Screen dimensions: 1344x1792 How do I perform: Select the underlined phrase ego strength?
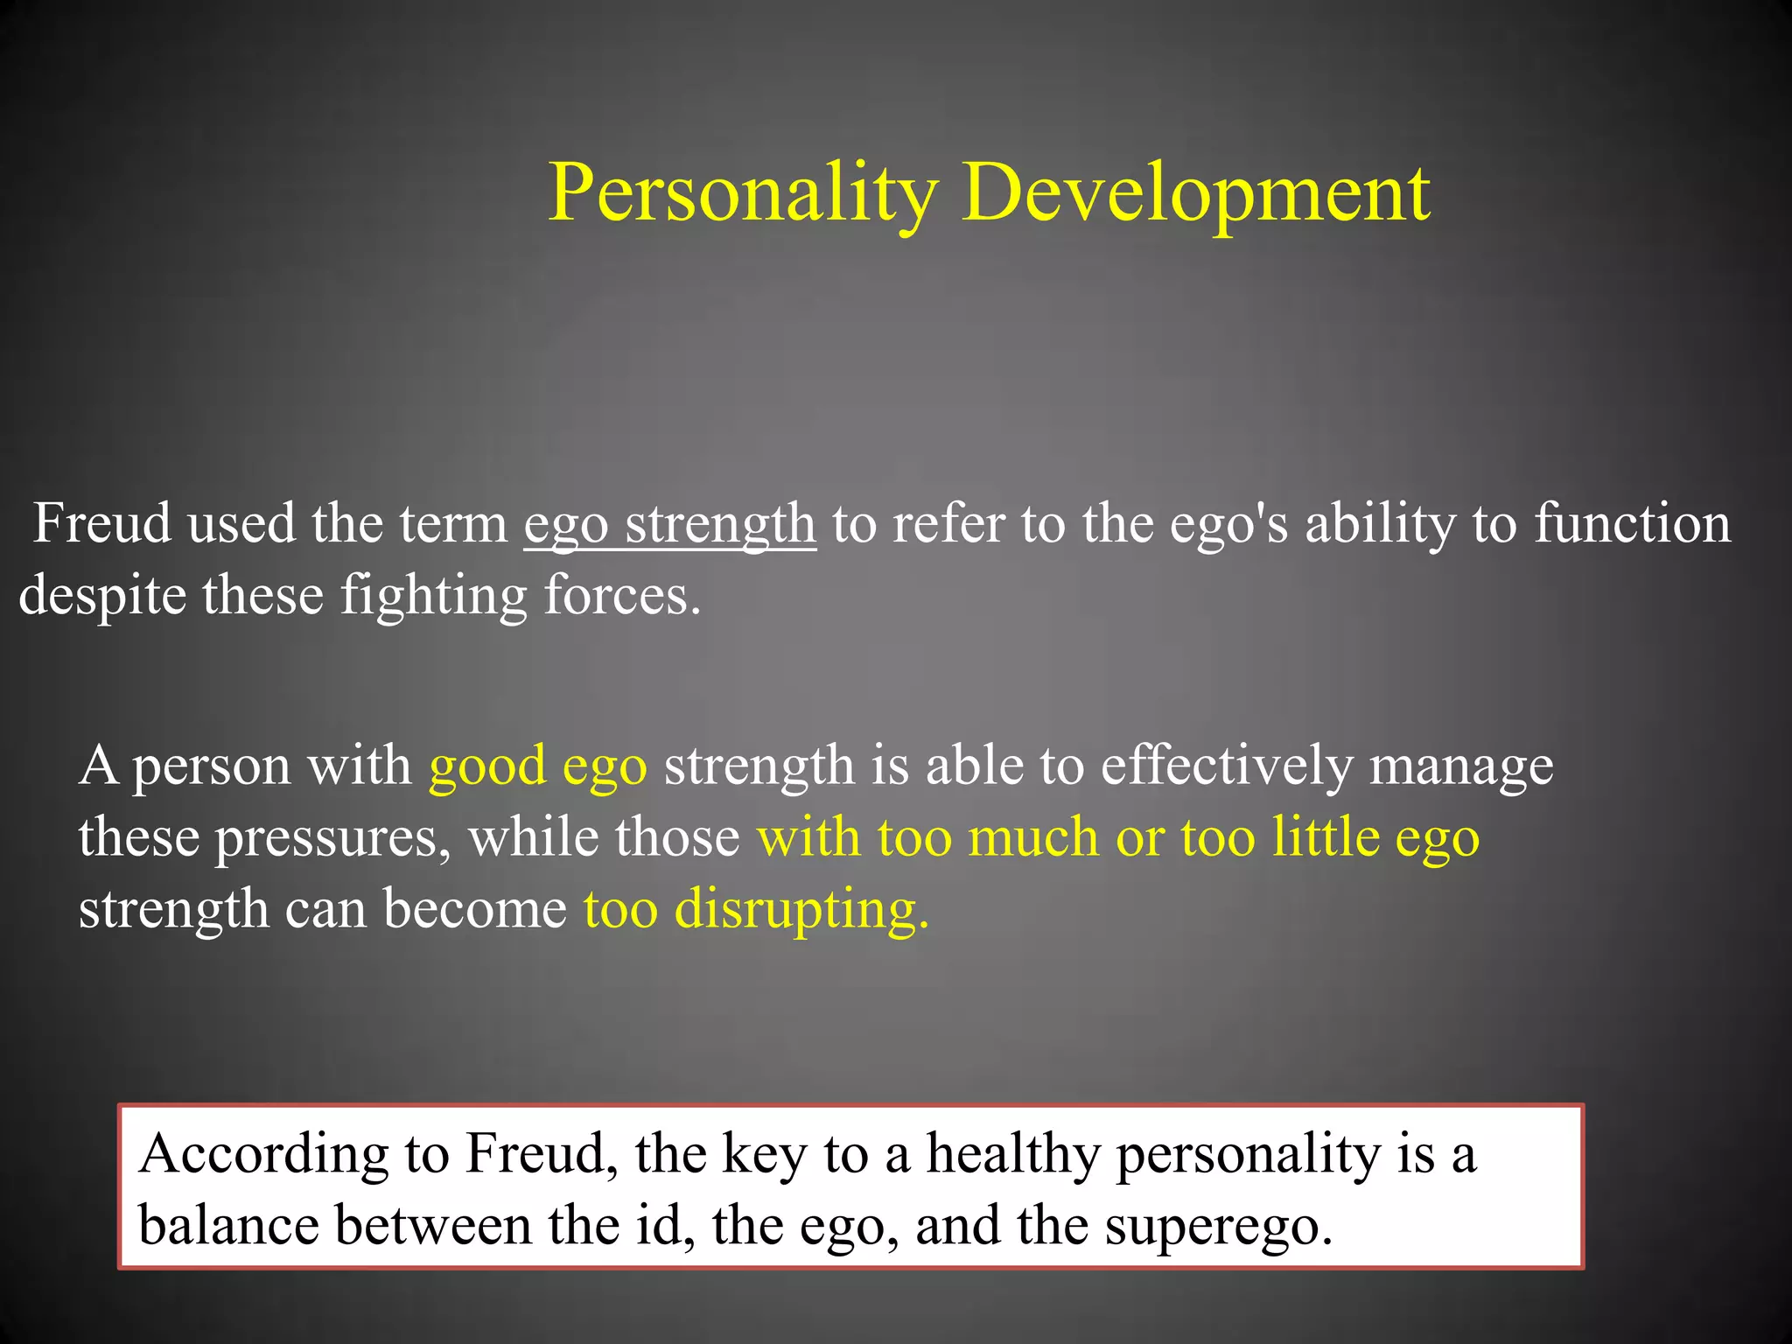[x=669, y=524]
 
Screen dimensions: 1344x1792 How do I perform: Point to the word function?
[x=1633, y=524]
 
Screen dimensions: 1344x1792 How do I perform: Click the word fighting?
[x=433, y=596]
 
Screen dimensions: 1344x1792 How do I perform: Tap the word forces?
[x=621, y=596]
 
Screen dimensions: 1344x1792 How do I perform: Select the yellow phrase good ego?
[x=537, y=766]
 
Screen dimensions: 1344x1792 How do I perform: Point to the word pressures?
[x=333, y=838]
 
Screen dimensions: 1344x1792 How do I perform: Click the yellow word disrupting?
[x=800, y=910]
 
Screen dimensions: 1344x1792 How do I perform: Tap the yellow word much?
[x=1032, y=836]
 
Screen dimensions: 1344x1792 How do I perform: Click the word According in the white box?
[x=262, y=1154]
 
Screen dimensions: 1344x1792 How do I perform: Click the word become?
[x=475, y=910]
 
